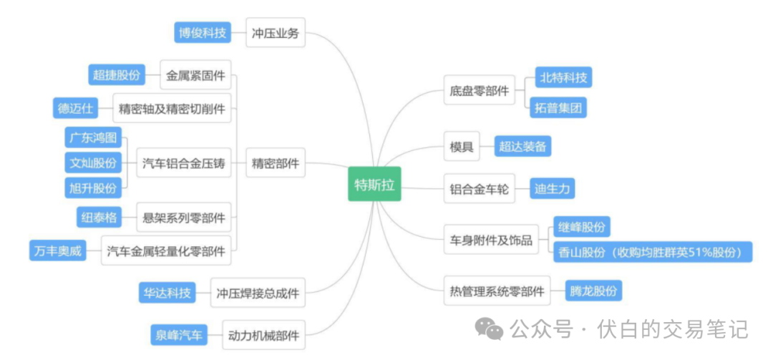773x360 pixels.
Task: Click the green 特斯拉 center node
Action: point(374,184)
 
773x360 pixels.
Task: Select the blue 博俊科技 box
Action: point(203,32)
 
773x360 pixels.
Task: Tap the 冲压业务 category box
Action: point(275,33)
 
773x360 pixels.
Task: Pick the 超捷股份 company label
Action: point(116,74)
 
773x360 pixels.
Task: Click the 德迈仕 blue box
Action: point(76,108)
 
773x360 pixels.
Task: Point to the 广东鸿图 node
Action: point(92,137)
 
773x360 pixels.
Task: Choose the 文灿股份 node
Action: point(92,162)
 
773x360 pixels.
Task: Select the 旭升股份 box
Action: point(92,188)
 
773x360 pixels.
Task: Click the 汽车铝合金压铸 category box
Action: point(184,163)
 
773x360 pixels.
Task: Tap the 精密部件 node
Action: point(275,163)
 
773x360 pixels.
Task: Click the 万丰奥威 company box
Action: point(57,251)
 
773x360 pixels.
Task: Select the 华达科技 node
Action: point(166,292)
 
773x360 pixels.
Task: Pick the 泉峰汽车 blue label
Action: point(178,334)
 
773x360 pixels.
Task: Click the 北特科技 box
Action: point(565,77)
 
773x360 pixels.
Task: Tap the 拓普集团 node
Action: point(559,108)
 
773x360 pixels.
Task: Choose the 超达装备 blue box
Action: point(522,146)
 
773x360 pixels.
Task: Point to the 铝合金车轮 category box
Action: point(480,189)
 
